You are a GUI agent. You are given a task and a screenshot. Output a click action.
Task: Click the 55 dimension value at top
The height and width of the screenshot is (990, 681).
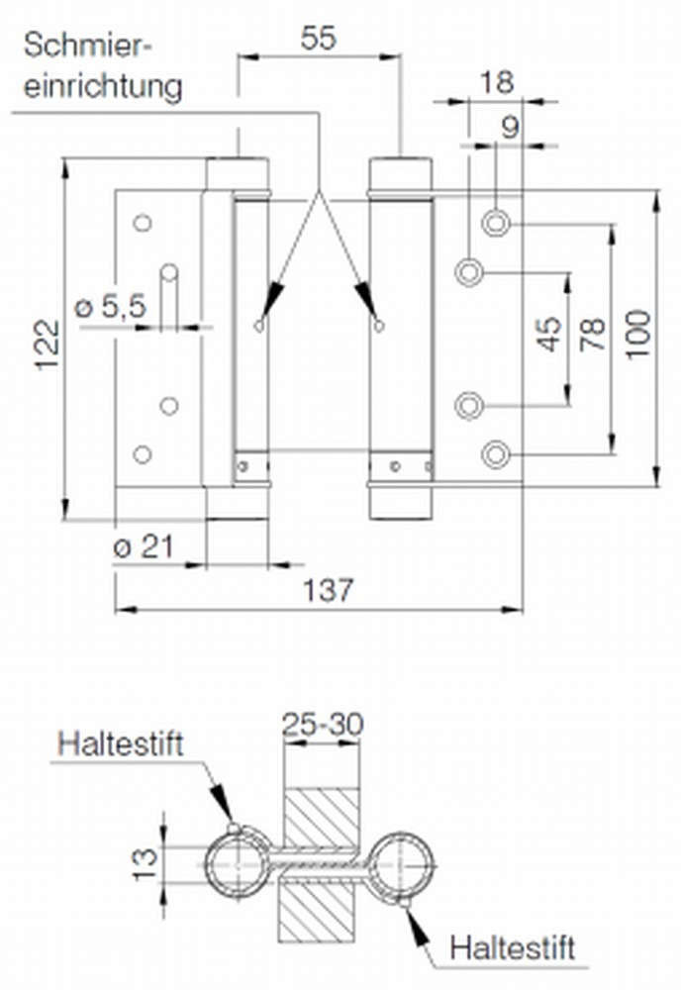(x=318, y=38)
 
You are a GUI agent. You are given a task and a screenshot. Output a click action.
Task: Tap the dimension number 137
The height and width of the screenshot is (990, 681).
(x=329, y=590)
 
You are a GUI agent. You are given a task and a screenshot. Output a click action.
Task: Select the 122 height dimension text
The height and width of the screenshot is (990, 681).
(x=48, y=346)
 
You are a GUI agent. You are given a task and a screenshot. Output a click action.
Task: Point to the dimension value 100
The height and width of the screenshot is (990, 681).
(x=637, y=334)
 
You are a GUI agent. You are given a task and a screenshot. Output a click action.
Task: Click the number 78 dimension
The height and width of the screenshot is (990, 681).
(x=593, y=335)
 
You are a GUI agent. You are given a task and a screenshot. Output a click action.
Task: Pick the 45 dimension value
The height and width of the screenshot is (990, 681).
(x=549, y=334)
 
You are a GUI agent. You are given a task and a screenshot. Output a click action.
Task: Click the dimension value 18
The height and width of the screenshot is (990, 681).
(x=497, y=83)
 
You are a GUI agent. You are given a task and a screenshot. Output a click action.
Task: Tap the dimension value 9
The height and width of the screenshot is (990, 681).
(x=510, y=128)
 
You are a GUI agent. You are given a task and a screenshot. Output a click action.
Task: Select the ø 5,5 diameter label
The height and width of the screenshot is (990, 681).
(x=111, y=306)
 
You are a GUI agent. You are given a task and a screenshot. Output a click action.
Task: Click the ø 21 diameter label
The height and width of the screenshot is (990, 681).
(x=143, y=546)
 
